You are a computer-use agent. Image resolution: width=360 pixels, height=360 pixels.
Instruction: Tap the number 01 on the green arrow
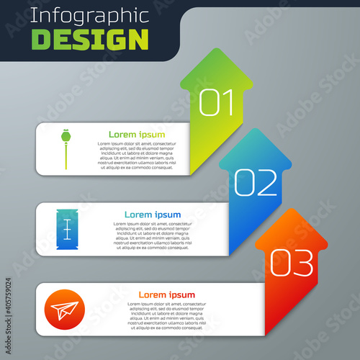[217, 103]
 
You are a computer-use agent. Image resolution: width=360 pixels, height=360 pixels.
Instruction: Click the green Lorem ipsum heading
[136, 135]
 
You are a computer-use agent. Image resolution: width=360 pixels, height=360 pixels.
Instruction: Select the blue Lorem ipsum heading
[153, 215]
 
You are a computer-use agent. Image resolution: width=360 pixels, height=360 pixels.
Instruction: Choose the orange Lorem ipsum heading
[167, 294]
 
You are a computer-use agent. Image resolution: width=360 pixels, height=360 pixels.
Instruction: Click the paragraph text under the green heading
[136, 156]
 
